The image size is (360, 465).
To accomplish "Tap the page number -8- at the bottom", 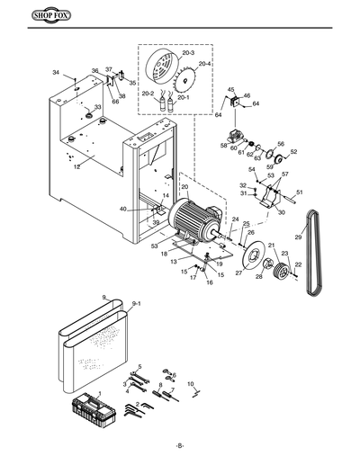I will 180,446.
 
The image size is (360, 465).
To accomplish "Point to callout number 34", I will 56,72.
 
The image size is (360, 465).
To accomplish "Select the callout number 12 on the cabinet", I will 77,166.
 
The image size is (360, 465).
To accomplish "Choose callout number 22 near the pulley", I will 299,264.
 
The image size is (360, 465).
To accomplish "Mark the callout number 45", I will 230,90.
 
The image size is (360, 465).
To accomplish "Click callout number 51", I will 300,192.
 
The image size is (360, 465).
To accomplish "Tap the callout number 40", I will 123,209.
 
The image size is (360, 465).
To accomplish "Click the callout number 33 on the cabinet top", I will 97,107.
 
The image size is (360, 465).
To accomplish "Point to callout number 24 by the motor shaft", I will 235,219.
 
